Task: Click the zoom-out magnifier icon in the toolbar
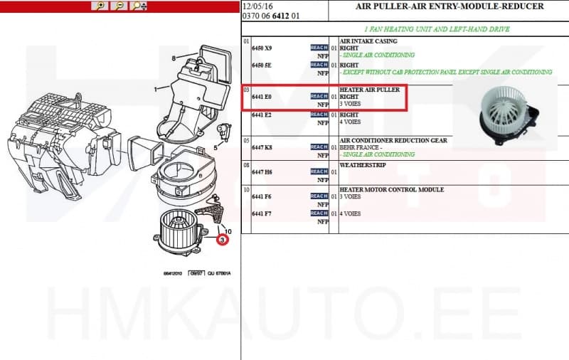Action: pyautogui.click(x=119, y=6)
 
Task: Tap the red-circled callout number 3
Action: pyautogui.click(x=223, y=240)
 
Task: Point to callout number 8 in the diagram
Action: pyautogui.click(x=174, y=58)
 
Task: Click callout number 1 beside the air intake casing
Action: pyautogui.click(x=156, y=90)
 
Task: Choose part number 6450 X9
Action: pyautogui.click(x=262, y=48)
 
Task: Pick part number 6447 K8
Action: pyautogui.click(x=262, y=147)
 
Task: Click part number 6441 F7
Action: pyautogui.click(x=262, y=213)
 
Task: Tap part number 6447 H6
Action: pyautogui.click(x=262, y=171)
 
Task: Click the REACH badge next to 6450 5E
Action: pyautogui.click(x=319, y=65)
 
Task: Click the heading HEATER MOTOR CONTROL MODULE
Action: pyautogui.click(x=392, y=189)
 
